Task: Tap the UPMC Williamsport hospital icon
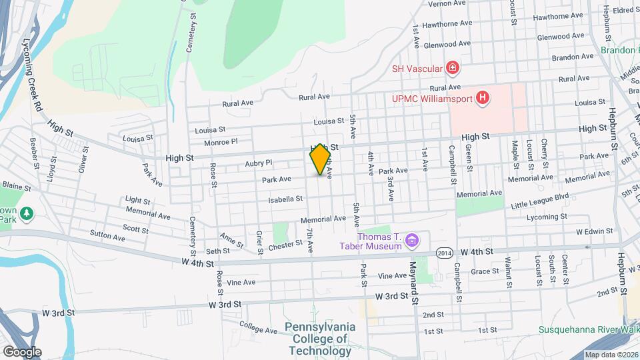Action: [483, 99]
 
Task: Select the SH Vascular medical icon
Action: [452, 68]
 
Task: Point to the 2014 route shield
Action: [445, 252]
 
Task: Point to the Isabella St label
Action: [285, 199]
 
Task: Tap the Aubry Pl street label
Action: [259, 163]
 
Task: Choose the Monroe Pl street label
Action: [221, 142]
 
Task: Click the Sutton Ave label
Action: [107, 237]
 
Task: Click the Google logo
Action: [22, 351]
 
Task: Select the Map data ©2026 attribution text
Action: [611, 355]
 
